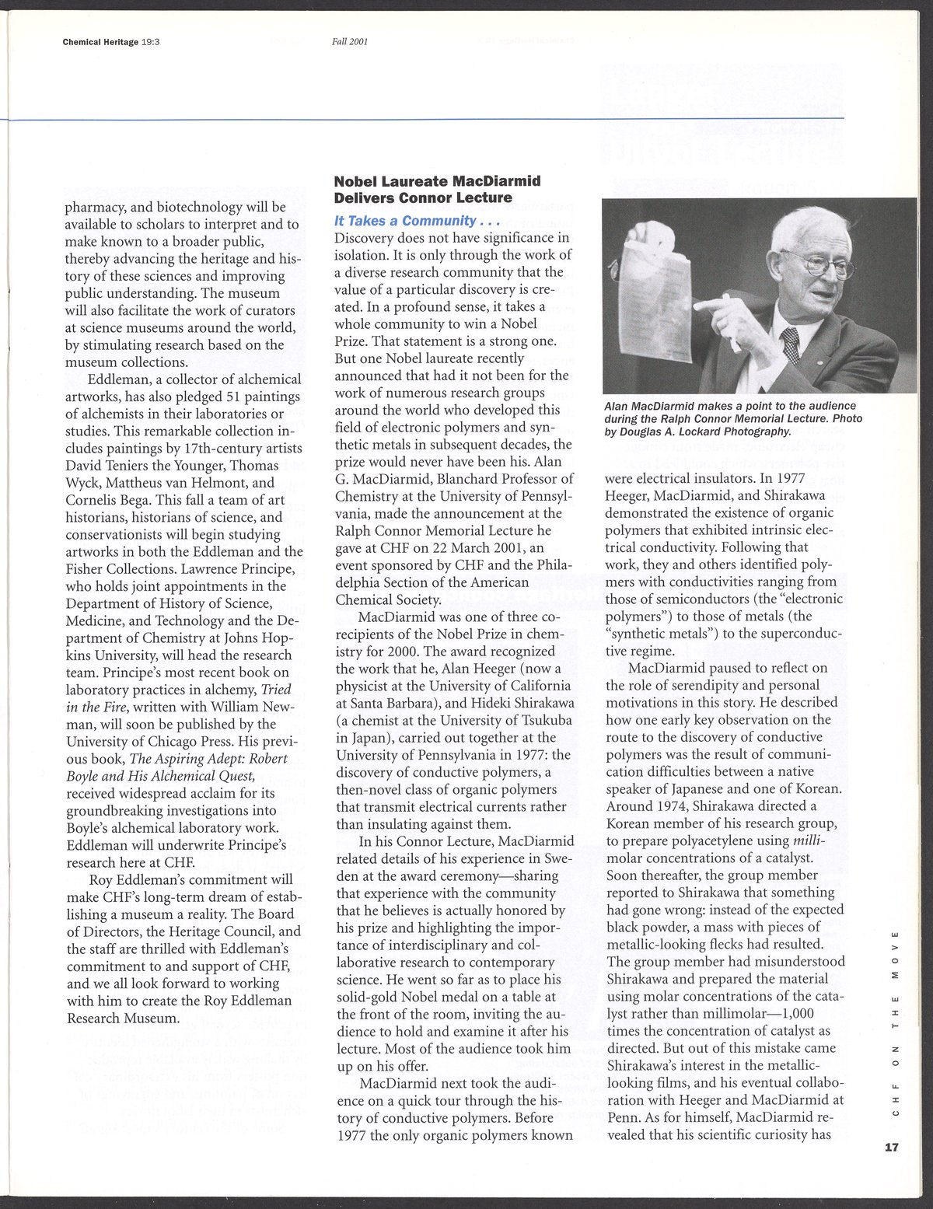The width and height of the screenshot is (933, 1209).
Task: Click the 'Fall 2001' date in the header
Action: pyautogui.click(x=349, y=42)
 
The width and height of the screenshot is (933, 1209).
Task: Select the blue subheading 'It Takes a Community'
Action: pyautogui.click(x=416, y=221)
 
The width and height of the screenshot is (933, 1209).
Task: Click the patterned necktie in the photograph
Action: pyautogui.click(x=791, y=344)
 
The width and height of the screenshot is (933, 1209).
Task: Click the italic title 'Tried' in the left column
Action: pyautogui.click(x=276, y=689)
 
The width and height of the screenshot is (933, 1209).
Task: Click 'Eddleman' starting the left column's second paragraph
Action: pyautogui.click(x=117, y=379)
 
